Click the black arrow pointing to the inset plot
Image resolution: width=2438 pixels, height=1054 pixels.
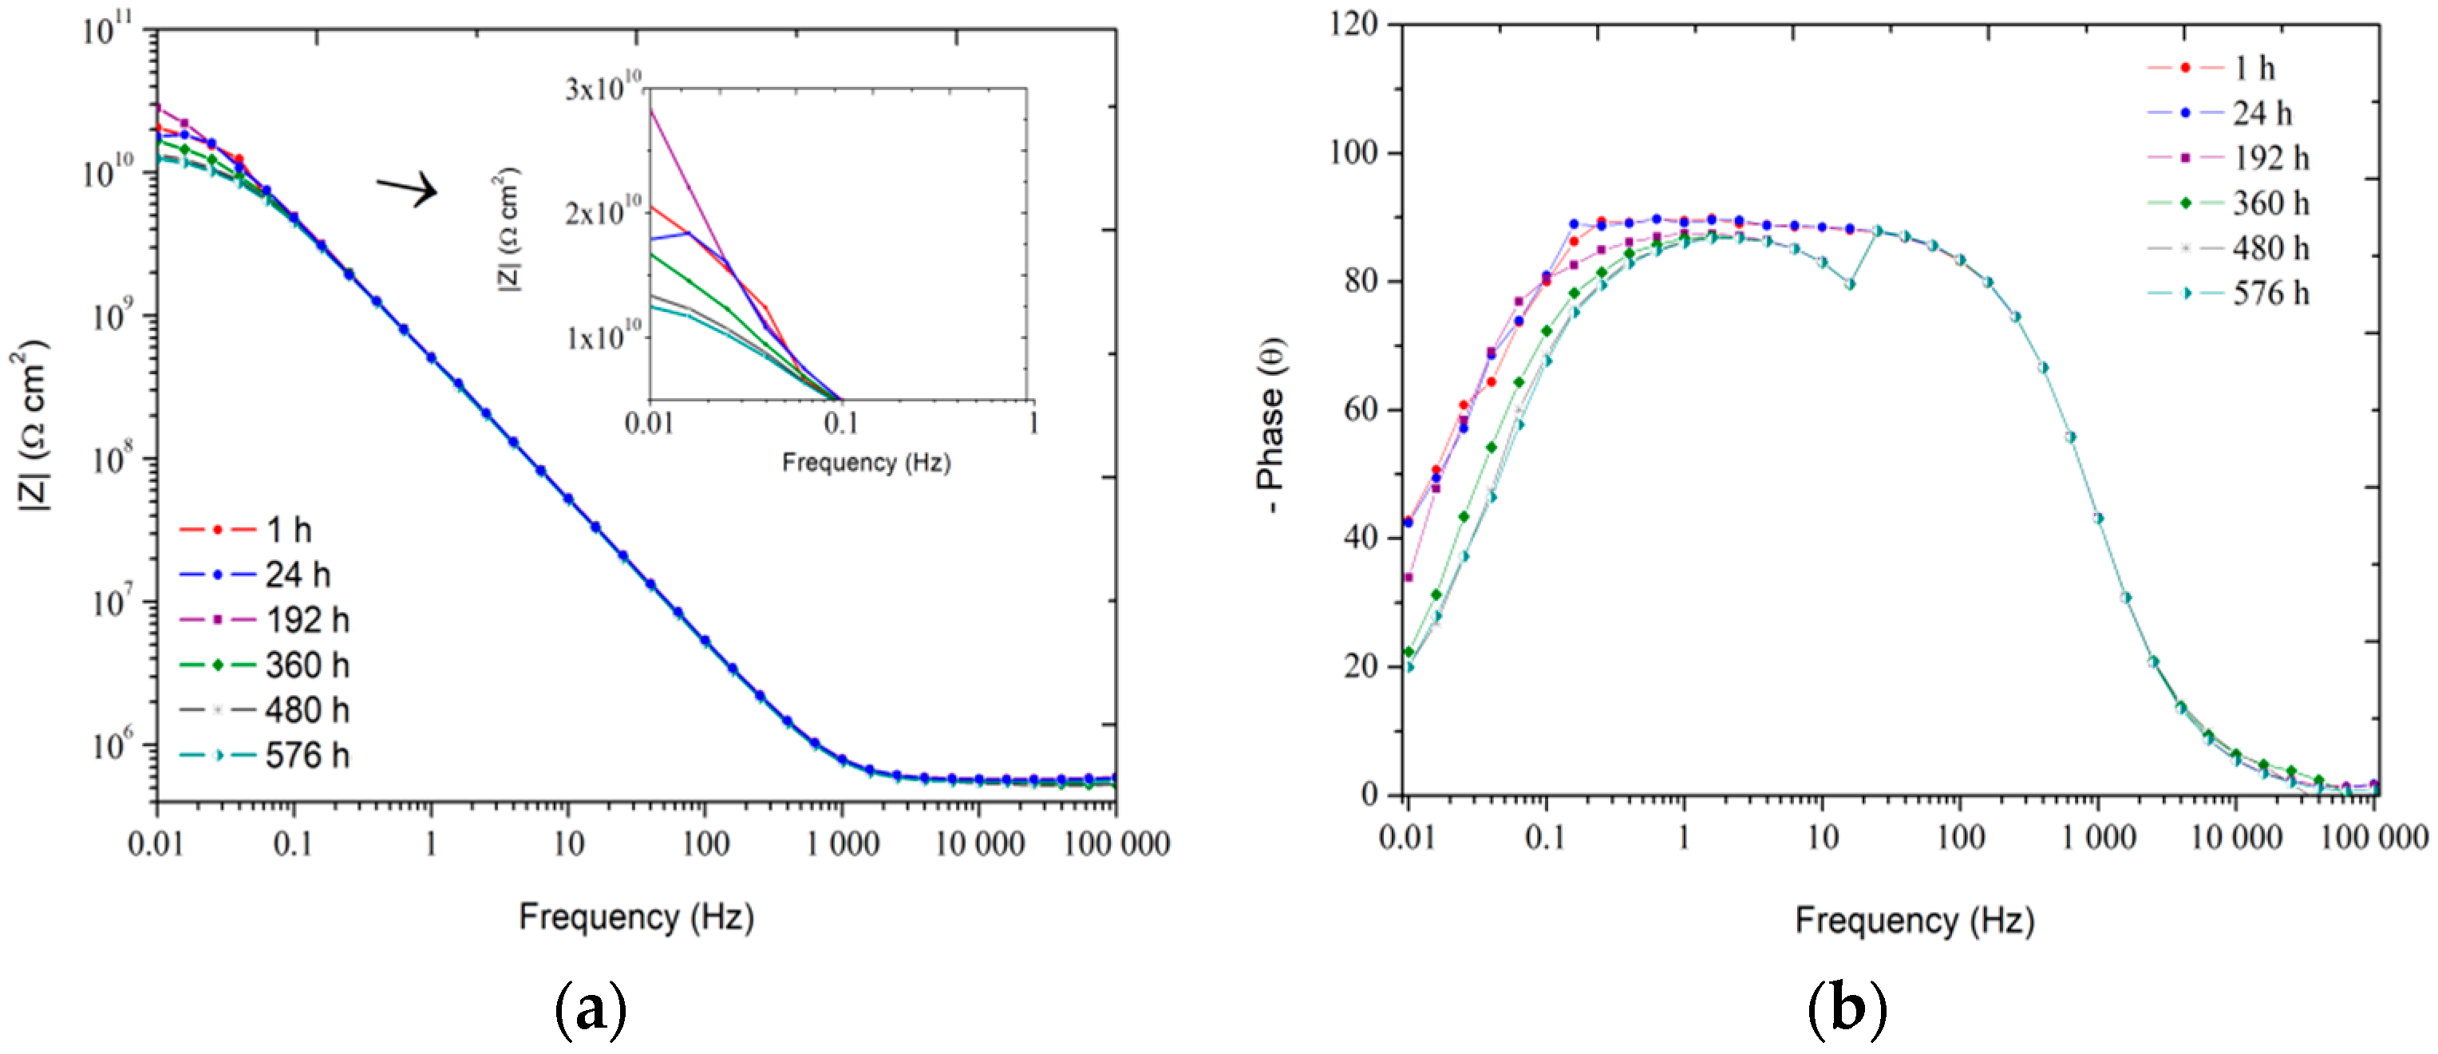click(408, 189)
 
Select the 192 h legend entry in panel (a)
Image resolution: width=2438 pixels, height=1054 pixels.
click(265, 620)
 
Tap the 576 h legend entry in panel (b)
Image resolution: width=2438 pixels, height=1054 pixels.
click(2228, 294)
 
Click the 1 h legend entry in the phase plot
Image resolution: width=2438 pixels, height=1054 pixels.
click(2211, 68)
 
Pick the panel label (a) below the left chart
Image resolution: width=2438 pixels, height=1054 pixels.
click(590, 1010)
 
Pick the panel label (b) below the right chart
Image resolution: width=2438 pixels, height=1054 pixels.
click(1847, 1010)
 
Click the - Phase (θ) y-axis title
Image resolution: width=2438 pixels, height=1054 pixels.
click(1271, 426)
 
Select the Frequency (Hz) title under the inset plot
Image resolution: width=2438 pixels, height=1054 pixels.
click(866, 463)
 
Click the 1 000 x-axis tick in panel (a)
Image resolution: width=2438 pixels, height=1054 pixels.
click(842, 843)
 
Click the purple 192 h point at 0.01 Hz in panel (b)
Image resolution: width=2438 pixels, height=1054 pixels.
click(1409, 577)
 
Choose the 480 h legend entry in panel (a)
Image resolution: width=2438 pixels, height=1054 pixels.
click(265, 709)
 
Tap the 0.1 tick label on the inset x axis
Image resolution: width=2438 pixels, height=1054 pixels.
click(840, 423)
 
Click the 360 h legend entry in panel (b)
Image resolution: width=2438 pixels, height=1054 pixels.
click(2228, 203)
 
